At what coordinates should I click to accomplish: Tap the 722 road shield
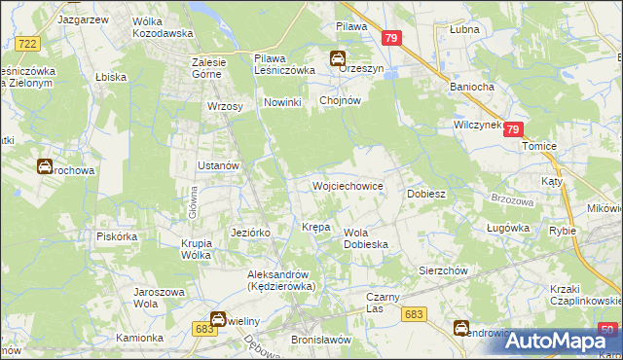[28, 44]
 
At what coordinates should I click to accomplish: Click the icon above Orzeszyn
[337, 56]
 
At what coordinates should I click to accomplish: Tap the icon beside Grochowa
[45, 166]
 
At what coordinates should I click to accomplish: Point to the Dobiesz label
[425, 194]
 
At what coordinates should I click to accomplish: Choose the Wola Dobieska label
[366, 238]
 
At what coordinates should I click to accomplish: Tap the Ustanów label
[218, 165]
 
